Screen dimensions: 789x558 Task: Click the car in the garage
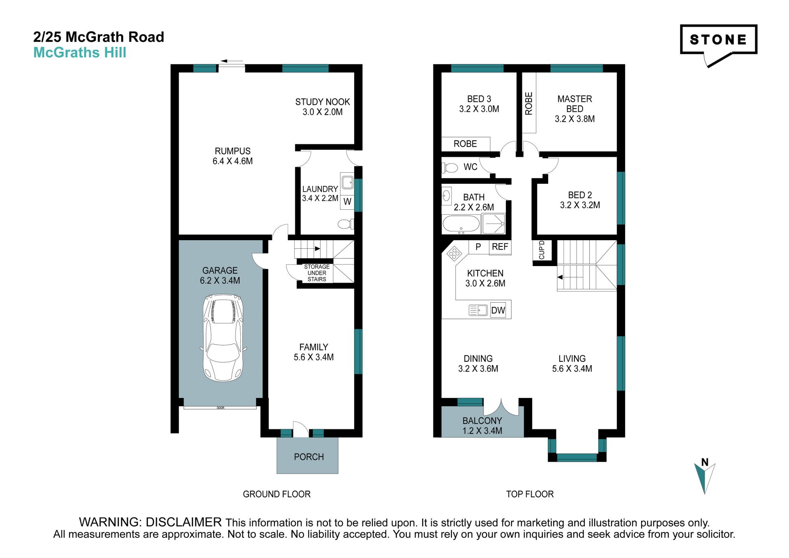coord(223,337)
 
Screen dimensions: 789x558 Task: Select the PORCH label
coord(309,457)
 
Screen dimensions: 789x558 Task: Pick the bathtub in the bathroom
coord(461,225)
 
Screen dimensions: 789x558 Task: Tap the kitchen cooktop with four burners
coord(454,253)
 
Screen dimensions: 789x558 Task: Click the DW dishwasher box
coord(498,310)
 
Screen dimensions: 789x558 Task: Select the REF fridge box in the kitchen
coord(500,247)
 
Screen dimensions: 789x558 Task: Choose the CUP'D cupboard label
coord(542,250)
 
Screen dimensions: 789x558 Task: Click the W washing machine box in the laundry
coord(347,201)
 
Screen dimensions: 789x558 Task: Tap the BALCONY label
coord(482,421)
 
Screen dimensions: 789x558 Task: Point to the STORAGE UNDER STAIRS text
coord(317,273)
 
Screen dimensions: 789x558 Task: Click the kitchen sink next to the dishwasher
coord(478,310)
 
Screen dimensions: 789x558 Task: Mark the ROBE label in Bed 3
coord(465,144)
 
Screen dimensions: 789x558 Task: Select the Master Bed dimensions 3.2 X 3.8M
coord(574,119)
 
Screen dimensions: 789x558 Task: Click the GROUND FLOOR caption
coord(277,494)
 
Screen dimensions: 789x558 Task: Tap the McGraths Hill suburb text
coord(80,53)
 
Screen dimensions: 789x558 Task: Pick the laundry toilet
coord(345,224)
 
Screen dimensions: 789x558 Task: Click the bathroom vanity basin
coord(447,196)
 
